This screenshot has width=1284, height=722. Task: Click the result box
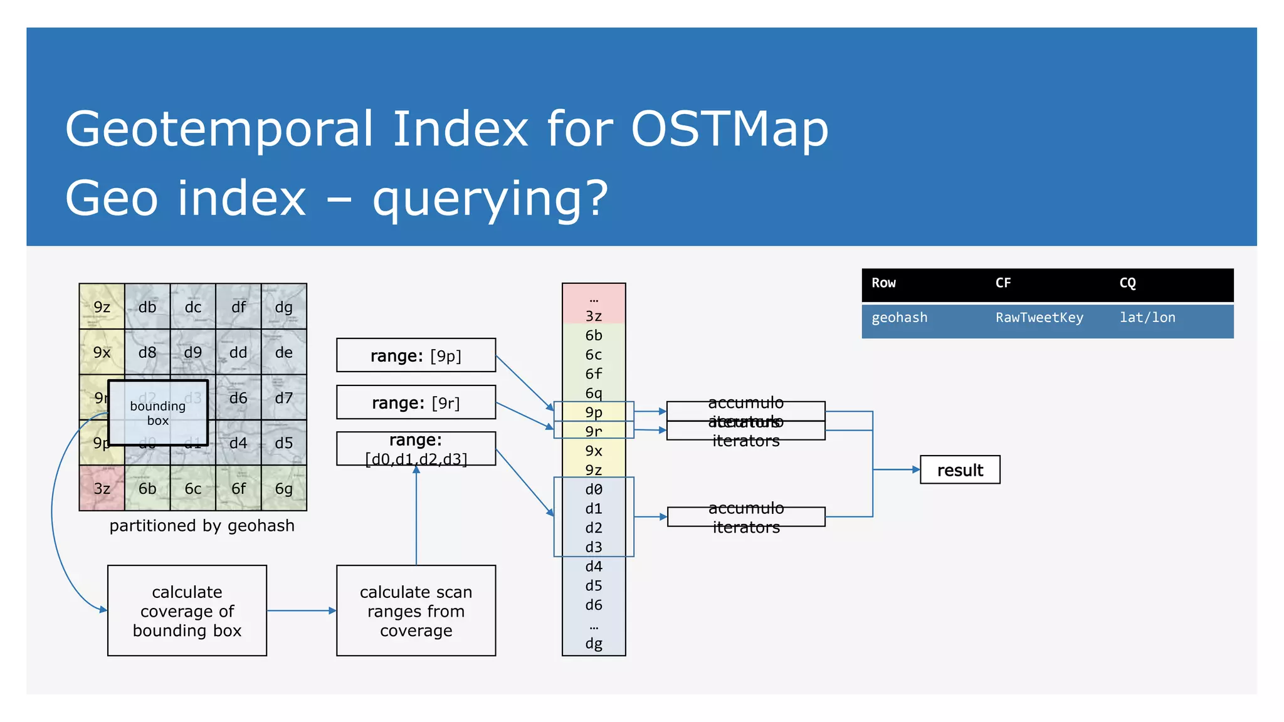point(959,470)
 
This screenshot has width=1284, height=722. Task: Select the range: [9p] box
point(416,355)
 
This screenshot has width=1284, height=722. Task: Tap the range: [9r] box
point(416,402)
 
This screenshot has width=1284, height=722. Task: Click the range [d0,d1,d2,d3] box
point(416,449)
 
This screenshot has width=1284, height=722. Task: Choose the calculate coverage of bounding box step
point(187,610)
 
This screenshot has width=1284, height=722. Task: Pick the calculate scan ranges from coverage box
point(416,610)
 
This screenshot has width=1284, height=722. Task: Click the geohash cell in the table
point(899,318)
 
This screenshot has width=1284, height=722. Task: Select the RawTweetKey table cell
point(1039,318)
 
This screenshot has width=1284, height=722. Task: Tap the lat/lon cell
point(1147,318)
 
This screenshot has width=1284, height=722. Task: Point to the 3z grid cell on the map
point(102,488)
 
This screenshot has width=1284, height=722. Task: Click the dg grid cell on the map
point(284,306)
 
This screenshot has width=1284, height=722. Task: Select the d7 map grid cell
point(284,397)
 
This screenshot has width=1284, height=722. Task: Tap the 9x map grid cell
point(102,352)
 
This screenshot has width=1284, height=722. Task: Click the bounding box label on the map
point(157,413)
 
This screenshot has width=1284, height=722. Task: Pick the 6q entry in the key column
point(593,393)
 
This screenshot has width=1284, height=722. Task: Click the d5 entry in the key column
point(593,585)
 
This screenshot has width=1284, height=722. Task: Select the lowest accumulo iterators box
point(745,517)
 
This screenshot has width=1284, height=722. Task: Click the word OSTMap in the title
point(729,128)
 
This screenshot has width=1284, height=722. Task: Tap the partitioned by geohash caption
point(201,525)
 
